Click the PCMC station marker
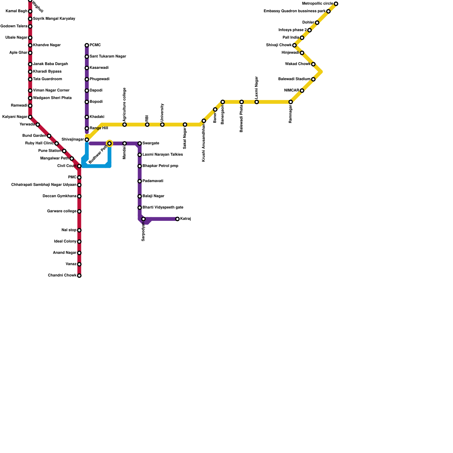pyautogui.click(x=87, y=45)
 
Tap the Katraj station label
pyautogui.click(x=185, y=219)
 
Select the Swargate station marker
pyautogui.click(x=140, y=144)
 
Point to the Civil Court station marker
pyautogui.click(x=79, y=166)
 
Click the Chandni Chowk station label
pyautogui.click(x=62, y=275)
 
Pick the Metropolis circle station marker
pyautogui.click(x=336, y=4)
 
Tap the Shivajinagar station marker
pyautogui.click(x=87, y=140)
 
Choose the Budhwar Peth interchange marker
pyautogui.click(x=110, y=144)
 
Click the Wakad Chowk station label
pyautogui.click(x=298, y=64)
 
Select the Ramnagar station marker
pyautogui.click(x=290, y=102)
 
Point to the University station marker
pyautogui.click(x=162, y=125)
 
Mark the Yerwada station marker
pyautogui.click(x=38, y=125)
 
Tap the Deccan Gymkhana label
pyautogui.click(x=59, y=196)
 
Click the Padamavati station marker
pyautogui.click(x=140, y=181)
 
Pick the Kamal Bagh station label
pyautogui.click(x=16, y=11)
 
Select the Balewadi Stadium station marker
pyautogui.click(x=313, y=79)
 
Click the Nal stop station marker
pyautogui.click(x=79, y=230)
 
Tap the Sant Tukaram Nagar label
pyautogui.click(x=108, y=57)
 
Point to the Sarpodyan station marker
pyautogui.click(x=144, y=219)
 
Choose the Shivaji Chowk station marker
pyautogui.click(x=294, y=45)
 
